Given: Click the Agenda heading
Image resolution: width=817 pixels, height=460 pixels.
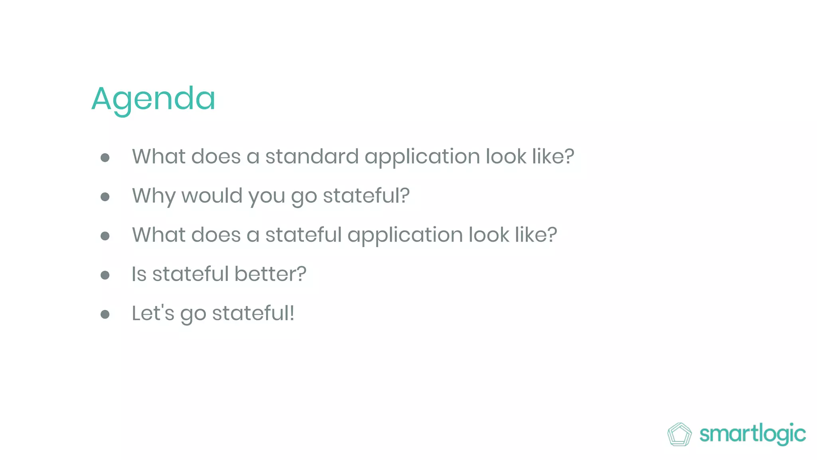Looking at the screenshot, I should [x=153, y=99].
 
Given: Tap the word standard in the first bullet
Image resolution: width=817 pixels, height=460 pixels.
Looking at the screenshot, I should [x=312, y=156].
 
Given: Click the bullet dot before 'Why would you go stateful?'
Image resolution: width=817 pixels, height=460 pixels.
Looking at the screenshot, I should [x=105, y=196].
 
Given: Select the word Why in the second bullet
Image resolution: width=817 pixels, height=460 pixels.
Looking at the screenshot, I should [x=154, y=196].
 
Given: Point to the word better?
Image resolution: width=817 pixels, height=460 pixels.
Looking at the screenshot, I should [x=270, y=274].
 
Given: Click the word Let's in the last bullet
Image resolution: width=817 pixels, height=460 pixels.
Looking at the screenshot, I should [x=153, y=313].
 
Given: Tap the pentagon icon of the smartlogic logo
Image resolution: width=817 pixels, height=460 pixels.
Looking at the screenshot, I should [x=679, y=434].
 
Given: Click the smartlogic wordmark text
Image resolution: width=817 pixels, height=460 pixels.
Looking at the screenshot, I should [x=752, y=434].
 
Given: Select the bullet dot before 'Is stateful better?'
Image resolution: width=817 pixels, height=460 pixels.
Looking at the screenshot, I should [x=105, y=275].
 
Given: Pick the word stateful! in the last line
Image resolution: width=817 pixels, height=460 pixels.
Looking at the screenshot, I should [x=253, y=313].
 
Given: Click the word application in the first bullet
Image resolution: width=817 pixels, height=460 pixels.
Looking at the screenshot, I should [x=422, y=156].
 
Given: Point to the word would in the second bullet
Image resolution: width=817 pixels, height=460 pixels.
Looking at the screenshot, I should [x=212, y=196].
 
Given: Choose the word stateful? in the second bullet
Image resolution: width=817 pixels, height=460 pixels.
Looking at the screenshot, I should [x=366, y=196].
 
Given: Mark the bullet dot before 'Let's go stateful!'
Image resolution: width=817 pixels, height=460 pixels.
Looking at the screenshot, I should [x=105, y=314].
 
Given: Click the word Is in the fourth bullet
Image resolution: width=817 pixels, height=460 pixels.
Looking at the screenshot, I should [x=139, y=274].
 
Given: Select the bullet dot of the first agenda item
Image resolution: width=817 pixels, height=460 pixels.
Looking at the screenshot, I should [x=105, y=157].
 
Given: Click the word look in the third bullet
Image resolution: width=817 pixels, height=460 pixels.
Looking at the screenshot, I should [x=489, y=235].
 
